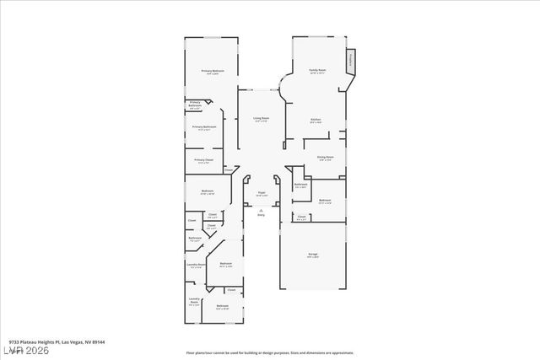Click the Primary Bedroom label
(x=212, y=72)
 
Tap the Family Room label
(x=317, y=71)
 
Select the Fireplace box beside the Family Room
(x=351, y=61)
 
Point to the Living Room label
(x=262, y=119)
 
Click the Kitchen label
(x=316, y=120)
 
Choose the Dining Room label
(x=325, y=158)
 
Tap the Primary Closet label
(x=203, y=160)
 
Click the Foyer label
(x=262, y=194)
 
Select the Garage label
(x=313, y=255)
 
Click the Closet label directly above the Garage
(x=301, y=218)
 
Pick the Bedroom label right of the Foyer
(x=325, y=201)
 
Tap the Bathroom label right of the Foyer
(x=300, y=185)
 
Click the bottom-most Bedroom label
(x=222, y=306)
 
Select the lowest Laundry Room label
(x=194, y=302)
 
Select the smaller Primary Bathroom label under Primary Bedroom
(x=194, y=105)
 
